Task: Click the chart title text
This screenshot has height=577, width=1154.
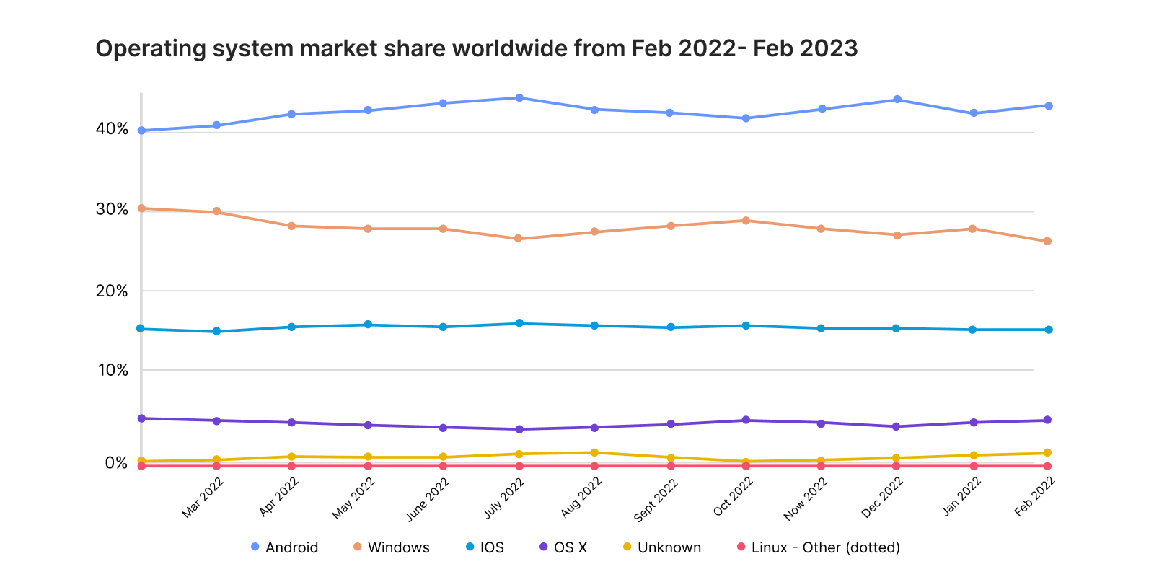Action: [x=476, y=48]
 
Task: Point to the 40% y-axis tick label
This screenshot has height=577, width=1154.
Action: [x=112, y=129]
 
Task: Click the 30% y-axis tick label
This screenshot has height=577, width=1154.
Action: [x=112, y=209]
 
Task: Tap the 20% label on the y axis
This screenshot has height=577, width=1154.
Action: [x=112, y=291]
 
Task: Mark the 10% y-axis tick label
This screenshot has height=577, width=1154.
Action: [x=112, y=370]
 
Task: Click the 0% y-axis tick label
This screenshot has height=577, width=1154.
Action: [x=115, y=462]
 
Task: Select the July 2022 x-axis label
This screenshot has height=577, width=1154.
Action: [x=504, y=498]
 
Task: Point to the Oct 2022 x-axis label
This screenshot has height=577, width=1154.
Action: [x=734, y=497]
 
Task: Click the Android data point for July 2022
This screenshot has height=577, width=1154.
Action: [x=519, y=97]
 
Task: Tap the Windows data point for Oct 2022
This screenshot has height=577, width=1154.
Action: [x=746, y=221]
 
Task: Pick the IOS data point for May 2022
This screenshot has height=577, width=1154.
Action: [x=368, y=325]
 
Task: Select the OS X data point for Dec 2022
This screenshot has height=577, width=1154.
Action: [x=897, y=426]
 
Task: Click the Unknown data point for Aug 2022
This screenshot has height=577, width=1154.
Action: [x=594, y=452]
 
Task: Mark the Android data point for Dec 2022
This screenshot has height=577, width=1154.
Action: [x=897, y=100]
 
